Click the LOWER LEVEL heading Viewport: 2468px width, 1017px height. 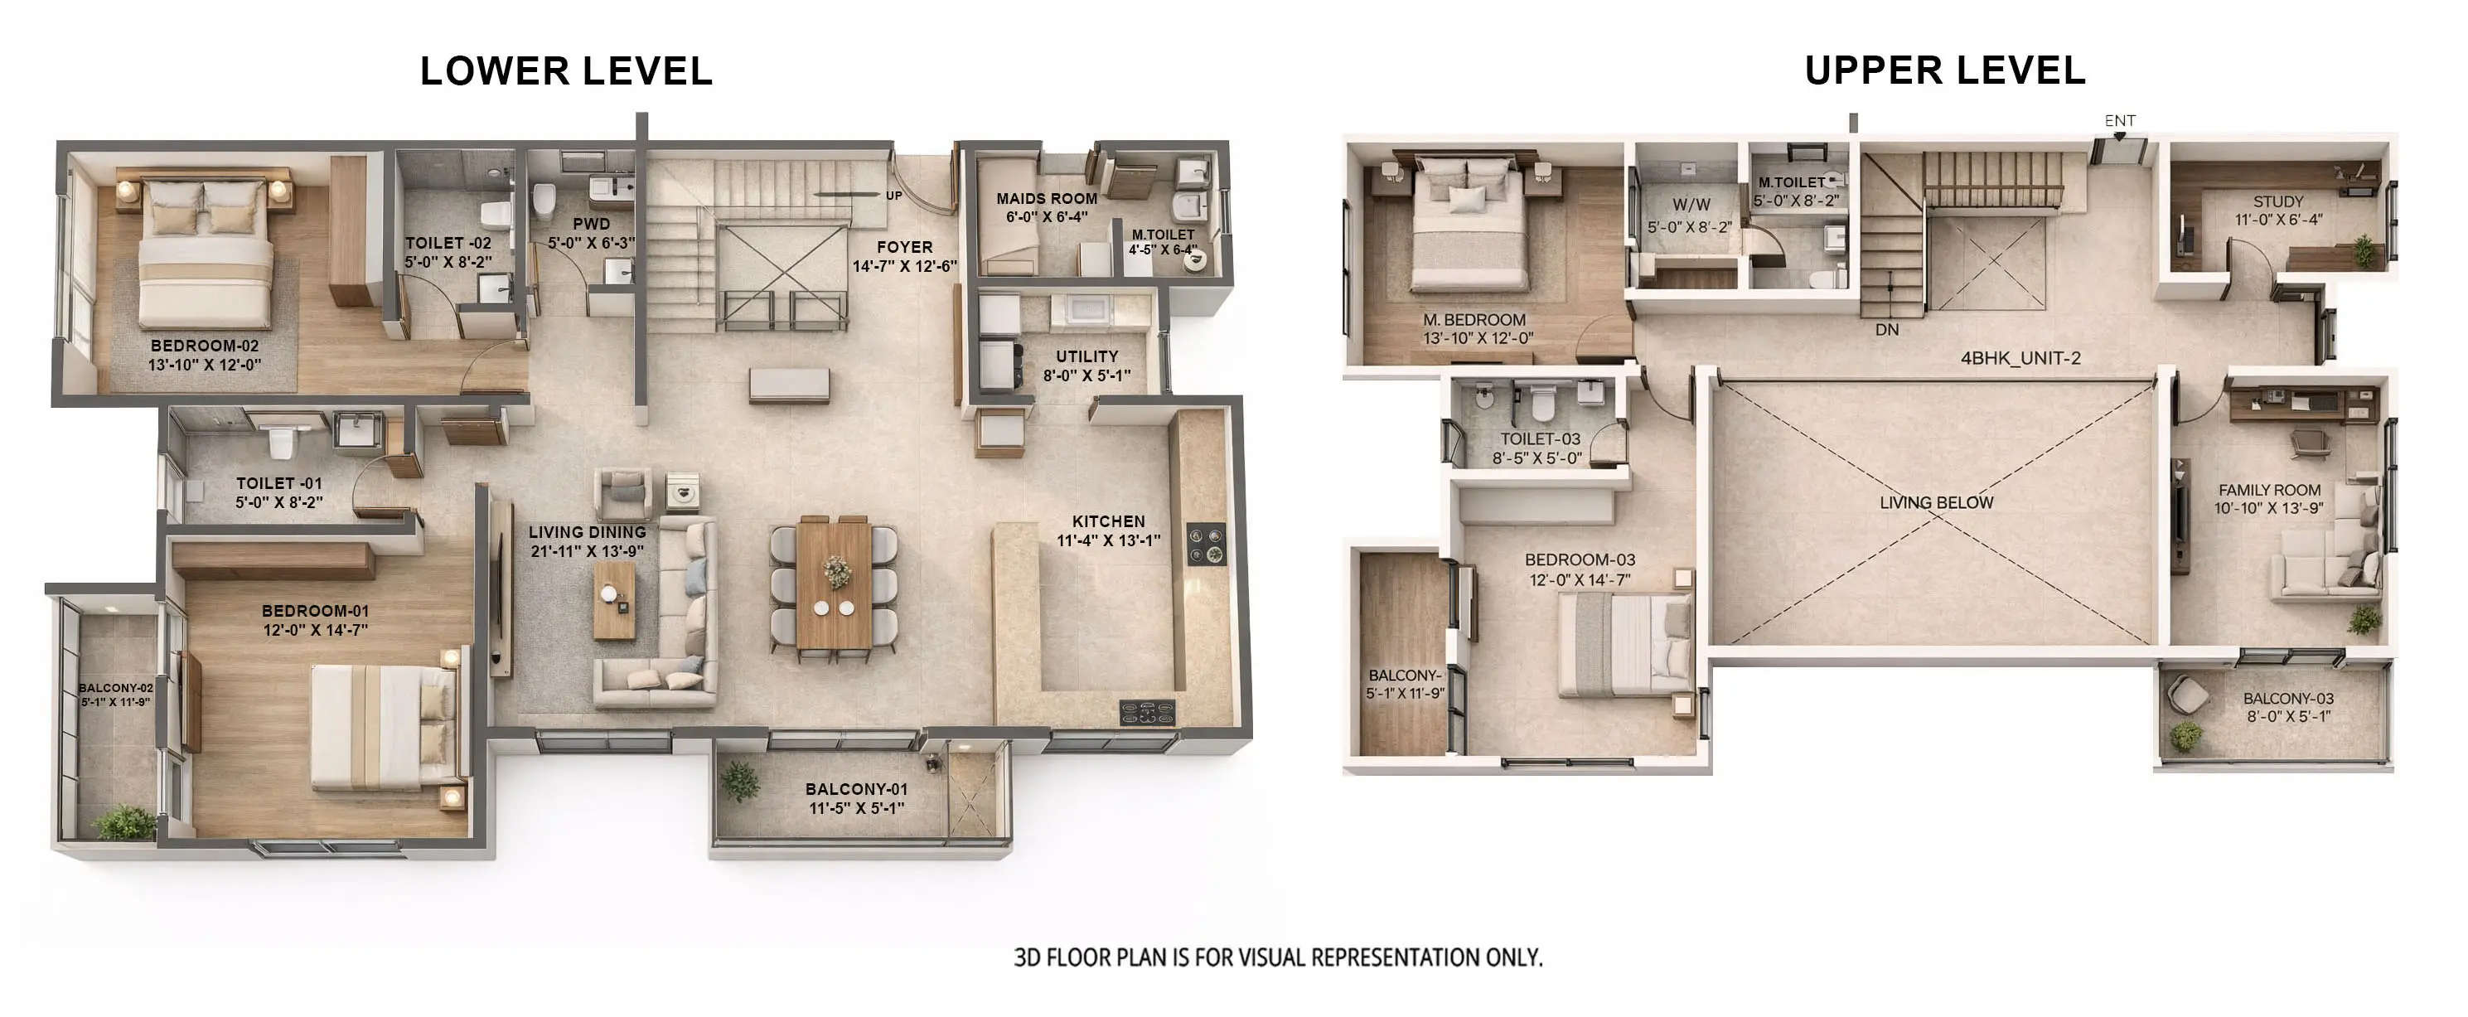coord(565,71)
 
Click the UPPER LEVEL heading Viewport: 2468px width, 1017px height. coord(1944,71)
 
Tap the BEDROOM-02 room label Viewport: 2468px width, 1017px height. coord(204,346)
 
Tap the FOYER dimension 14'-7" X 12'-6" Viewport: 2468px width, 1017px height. coord(904,266)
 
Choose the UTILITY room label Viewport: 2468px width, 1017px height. coord(1086,356)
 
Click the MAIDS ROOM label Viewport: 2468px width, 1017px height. coord(1046,198)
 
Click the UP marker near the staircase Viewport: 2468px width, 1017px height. coord(893,196)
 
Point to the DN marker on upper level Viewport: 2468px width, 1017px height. coord(1886,330)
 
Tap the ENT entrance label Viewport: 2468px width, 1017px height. coord(2119,121)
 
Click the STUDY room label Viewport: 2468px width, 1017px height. coord(2277,202)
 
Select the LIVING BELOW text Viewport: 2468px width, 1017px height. coord(1935,502)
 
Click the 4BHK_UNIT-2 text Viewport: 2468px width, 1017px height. coord(2020,359)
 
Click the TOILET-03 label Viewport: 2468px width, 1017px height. coord(1540,439)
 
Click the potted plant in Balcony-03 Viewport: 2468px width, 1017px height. coord(2185,736)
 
